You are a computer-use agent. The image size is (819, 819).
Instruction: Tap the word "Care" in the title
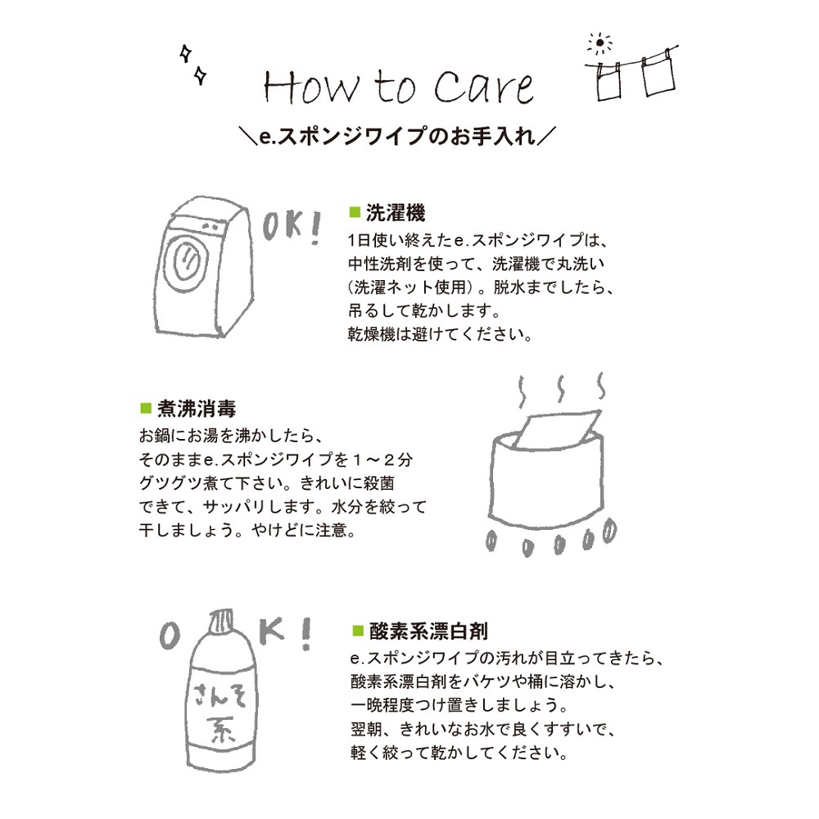click(x=484, y=87)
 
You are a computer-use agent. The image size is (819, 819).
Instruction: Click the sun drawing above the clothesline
click(x=600, y=43)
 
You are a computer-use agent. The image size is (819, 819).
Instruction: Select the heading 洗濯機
click(x=396, y=213)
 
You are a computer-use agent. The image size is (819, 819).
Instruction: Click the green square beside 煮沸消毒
click(x=146, y=407)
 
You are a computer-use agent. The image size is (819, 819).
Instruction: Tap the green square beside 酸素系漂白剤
click(x=358, y=631)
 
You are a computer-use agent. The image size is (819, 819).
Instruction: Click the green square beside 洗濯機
click(x=355, y=211)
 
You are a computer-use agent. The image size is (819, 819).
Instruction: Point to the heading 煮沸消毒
click(x=197, y=409)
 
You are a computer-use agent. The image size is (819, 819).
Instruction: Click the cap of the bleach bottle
click(x=221, y=622)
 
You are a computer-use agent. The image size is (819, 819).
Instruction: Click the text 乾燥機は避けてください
click(x=440, y=334)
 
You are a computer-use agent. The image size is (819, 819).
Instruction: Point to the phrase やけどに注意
click(x=304, y=531)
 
